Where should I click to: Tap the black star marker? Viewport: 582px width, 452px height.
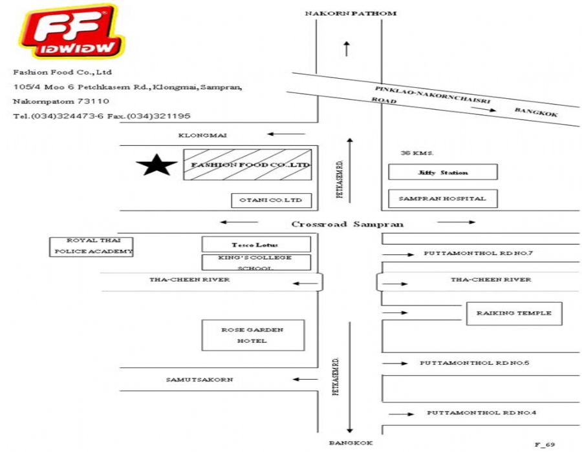(156, 165)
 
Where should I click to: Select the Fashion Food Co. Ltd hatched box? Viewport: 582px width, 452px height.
(247, 165)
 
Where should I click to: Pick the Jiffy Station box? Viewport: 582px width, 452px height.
(442, 172)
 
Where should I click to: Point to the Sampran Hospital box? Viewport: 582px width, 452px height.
(442, 198)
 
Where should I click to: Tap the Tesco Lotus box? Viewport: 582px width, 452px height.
(256, 245)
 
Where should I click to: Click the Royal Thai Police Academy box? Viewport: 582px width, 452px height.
(92, 247)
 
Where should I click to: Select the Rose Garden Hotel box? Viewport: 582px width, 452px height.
(252, 335)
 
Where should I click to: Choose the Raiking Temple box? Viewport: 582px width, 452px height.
(514, 313)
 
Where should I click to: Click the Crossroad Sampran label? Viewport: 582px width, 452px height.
(347, 224)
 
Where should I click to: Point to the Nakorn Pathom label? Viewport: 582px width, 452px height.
(350, 13)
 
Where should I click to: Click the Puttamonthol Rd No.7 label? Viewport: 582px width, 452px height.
(478, 253)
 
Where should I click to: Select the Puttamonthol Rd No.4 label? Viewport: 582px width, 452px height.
(481, 413)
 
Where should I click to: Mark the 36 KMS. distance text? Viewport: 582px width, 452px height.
(416, 153)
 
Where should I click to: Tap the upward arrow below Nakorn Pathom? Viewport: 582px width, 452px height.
(347, 48)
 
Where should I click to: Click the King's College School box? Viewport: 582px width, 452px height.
(256, 262)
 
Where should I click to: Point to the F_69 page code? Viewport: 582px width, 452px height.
(544, 444)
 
